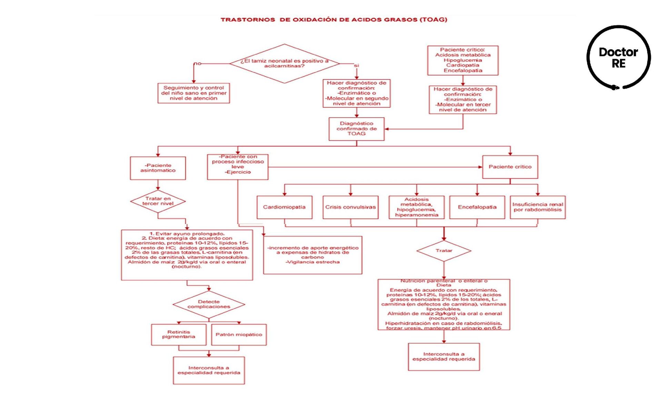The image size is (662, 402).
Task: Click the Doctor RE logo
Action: click(619, 58)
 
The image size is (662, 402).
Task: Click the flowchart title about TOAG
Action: click(334, 20)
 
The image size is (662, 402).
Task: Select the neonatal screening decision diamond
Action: click(284, 63)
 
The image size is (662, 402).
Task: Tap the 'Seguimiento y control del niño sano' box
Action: click(193, 93)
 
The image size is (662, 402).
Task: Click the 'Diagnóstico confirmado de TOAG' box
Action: click(357, 129)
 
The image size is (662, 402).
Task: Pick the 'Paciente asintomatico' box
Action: click(158, 168)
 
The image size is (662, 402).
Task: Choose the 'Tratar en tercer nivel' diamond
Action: click(158, 201)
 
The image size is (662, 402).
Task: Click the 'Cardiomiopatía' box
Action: click(284, 207)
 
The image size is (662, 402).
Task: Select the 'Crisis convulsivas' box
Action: click(350, 207)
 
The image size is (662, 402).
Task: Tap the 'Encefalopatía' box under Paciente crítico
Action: click(477, 207)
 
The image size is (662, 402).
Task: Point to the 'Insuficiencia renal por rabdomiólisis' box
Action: click(538, 207)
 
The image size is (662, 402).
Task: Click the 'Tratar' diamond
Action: click(444, 251)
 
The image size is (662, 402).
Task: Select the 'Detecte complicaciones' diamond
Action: click(209, 304)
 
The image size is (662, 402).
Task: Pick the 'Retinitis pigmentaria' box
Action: click(179, 334)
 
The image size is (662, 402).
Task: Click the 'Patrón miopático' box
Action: click(239, 334)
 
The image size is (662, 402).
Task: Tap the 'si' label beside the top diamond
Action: click(356, 66)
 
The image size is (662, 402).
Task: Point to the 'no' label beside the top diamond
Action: click(197, 63)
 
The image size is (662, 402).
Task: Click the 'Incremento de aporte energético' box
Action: click(312, 255)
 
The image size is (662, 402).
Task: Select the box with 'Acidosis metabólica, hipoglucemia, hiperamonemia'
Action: click(417, 207)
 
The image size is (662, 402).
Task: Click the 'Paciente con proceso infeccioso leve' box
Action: click(238, 167)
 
